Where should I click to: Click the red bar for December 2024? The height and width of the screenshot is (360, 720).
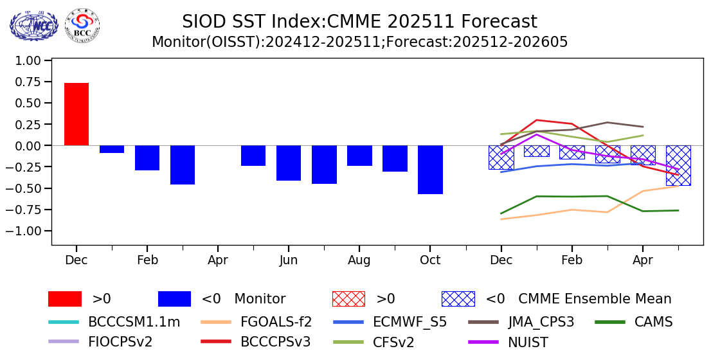[x=76, y=114]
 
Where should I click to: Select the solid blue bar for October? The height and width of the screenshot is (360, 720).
[x=430, y=170]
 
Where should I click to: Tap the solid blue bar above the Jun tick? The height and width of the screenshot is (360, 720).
[x=289, y=163]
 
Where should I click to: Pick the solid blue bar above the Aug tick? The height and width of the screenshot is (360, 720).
[x=359, y=156]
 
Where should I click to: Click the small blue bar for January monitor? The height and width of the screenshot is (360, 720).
[x=112, y=149]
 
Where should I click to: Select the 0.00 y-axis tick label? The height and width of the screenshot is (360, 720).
[x=28, y=146]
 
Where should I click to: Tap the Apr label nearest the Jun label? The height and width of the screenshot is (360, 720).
[x=218, y=260]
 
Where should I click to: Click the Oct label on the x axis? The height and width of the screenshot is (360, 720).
[x=430, y=260]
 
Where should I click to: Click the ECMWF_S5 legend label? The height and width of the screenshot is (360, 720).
[x=410, y=322]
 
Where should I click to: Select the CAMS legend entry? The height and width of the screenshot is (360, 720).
[x=653, y=322]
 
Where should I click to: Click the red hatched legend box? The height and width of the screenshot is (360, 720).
[x=348, y=299]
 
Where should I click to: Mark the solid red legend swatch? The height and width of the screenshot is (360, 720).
[x=65, y=299]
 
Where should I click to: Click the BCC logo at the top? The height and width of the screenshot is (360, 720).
[x=82, y=25]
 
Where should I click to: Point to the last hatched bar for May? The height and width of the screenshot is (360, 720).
[x=678, y=165]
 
